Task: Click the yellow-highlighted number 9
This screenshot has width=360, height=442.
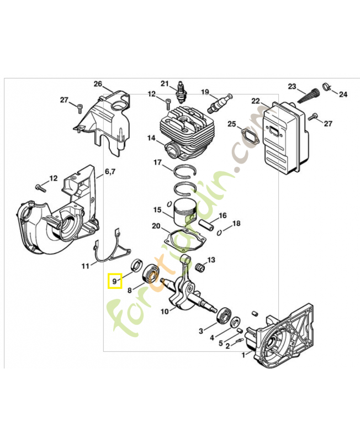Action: click(x=114, y=281)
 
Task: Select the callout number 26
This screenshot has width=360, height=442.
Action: click(x=98, y=84)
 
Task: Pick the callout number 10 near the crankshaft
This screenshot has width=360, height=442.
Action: click(x=165, y=312)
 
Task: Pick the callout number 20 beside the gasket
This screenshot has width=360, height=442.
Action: click(x=156, y=227)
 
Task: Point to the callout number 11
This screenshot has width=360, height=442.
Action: click(x=85, y=266)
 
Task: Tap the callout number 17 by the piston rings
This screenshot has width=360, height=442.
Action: click(x=157, y=162)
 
